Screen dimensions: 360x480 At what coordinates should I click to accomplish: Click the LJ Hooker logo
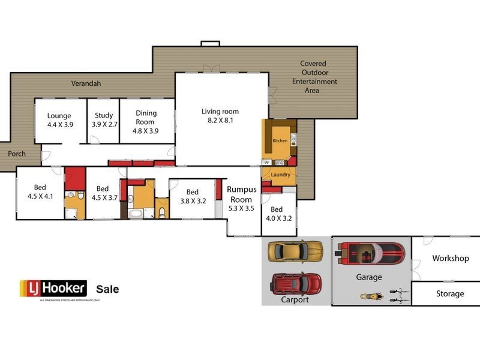53,289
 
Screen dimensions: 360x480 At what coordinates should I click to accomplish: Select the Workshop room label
450,258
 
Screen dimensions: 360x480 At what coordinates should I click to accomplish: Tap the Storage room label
450,293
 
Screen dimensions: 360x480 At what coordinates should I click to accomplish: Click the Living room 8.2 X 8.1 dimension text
220,120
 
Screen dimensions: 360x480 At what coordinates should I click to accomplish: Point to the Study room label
104,116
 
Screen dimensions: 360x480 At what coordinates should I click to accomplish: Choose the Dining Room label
145,118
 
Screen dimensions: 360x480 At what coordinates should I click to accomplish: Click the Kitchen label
280,140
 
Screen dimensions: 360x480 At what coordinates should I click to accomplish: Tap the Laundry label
281,175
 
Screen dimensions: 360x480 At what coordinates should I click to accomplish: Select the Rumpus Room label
242,194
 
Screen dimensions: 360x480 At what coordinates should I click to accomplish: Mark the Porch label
17,154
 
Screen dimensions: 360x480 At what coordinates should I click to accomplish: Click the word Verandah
86,84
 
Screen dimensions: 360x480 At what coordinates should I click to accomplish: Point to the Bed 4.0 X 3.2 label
277,214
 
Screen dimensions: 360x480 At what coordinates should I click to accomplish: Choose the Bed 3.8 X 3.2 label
193,197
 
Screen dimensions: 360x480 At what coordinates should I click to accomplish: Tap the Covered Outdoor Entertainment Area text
314,77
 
